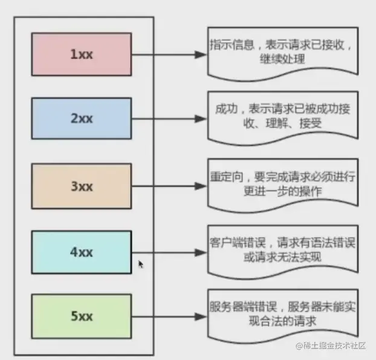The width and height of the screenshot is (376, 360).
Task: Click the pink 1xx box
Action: [x=81, y=54]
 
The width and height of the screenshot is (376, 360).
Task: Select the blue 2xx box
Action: [x=81, y=119]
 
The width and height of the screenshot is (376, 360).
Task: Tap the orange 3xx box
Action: [x=81, y=186]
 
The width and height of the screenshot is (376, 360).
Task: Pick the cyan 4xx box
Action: [x=81, y=252]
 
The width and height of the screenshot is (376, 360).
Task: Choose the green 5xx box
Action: [x=81, y=315]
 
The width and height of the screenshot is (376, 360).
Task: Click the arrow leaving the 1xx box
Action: [x=169, y=54]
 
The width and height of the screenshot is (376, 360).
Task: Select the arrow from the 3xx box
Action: [x=169, y=186]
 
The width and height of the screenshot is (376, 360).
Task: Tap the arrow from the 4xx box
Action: [x=169, y=252]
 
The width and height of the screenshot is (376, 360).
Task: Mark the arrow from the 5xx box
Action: [x=169, y=316]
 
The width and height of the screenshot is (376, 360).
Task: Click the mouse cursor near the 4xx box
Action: [x=141, y=264]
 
